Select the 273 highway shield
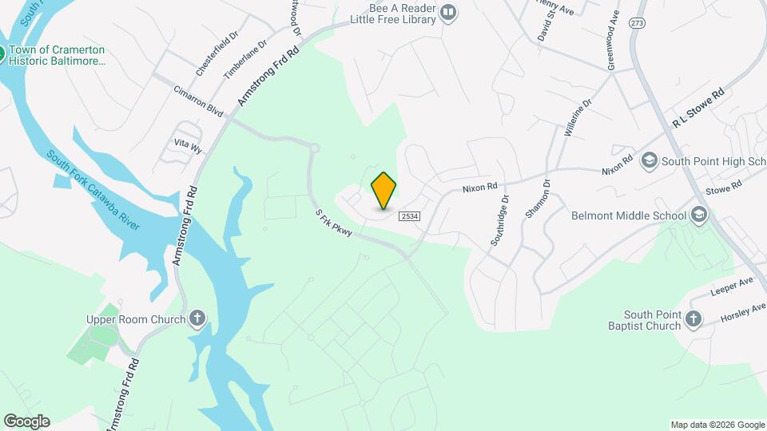click(637, 23)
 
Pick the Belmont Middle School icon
click(699, 215)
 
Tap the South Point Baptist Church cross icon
click(693, 320)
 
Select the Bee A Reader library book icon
click(448, 12)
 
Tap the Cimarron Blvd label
click(198, 101)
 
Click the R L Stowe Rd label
click(697, 108)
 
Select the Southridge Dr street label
click(499, 220)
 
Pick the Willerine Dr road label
click(578, 117)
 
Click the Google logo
click(26, 421)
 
